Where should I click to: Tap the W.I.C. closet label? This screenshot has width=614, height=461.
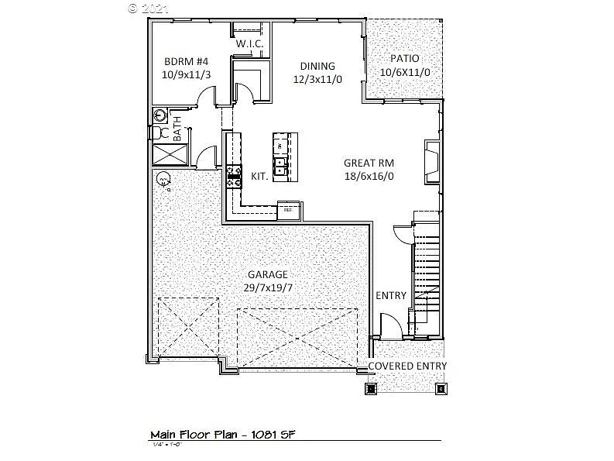tap(249, 44)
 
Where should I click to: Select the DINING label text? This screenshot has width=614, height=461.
tap(317, 66)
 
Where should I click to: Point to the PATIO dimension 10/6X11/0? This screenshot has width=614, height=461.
tap(404, 72)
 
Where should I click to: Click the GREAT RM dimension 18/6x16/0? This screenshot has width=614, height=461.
tap(369, 176)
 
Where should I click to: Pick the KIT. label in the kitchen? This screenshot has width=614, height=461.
tap(260, 177)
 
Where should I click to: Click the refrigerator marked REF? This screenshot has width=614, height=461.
tap(289, 209)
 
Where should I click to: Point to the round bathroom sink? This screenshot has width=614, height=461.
tap(159, 115)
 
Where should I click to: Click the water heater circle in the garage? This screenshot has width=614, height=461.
tap(163, 180)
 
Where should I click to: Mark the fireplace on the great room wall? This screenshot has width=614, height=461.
tap(430, 160)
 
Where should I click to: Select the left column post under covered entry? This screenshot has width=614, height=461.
tap(370, 388)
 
